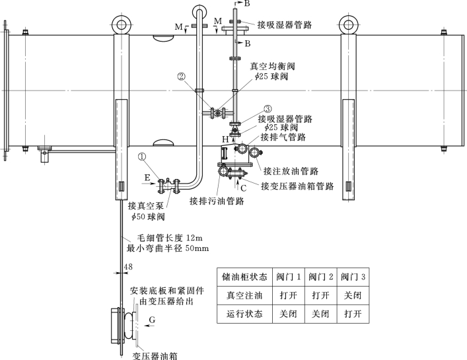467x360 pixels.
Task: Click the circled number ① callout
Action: (143, 157)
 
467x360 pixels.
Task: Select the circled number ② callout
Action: (182, 76)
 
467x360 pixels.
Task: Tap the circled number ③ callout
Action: (268, 108)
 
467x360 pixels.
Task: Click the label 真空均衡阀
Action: (272, 67)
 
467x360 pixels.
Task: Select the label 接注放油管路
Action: (291, 172)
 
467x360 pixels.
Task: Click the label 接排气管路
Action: (283, 137)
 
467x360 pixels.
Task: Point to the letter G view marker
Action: (153, 320)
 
